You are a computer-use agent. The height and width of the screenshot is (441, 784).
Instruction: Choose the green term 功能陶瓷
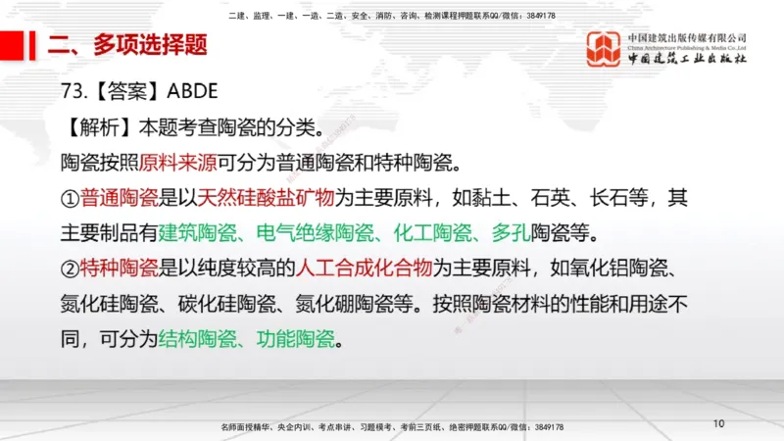click(x=295, y=340)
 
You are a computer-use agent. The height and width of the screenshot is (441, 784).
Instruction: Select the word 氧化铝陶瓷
click(x=620, y=269)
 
